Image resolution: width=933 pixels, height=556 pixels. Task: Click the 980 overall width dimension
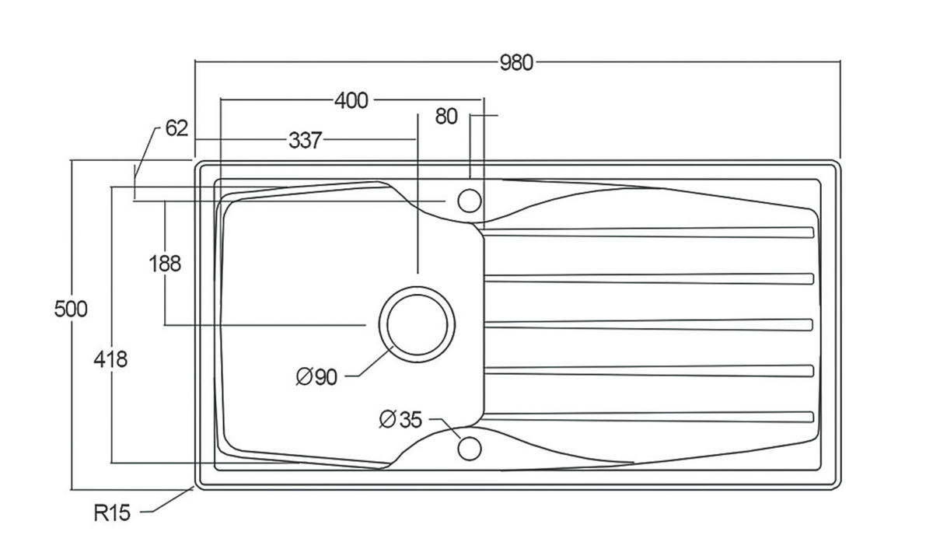pos(516,63)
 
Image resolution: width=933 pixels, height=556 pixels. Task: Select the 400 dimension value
pos(351,101)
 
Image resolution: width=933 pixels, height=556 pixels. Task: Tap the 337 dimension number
pos(306,140)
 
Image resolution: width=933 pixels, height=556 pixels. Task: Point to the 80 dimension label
pos(446,116)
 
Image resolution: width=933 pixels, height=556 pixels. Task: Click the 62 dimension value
pos(176,128)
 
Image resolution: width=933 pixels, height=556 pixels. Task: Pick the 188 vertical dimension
pos(165,264)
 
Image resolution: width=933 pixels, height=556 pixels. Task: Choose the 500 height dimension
pos(71,309)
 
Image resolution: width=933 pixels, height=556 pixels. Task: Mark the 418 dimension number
pos(110,359)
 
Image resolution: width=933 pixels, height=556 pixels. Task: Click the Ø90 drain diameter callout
pos(316,377)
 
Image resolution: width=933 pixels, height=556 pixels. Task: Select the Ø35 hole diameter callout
pos(400,419)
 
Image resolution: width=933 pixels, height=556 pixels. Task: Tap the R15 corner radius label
pos(112,512)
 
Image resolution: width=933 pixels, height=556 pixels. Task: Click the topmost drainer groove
pos(648,233)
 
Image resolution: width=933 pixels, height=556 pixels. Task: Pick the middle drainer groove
pos(648,325)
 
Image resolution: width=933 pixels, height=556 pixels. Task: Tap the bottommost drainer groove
pos(648,417)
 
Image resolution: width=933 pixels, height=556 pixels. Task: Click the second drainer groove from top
pos(648,278)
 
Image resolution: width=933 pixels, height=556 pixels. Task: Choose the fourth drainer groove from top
pos(648,371)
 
